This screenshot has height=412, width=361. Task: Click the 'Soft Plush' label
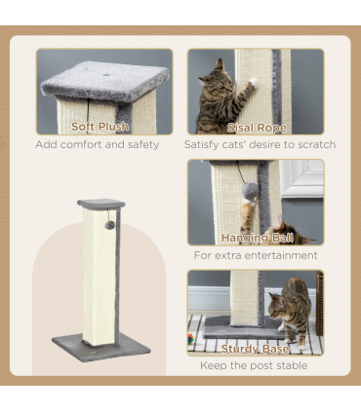[x=100, y=127]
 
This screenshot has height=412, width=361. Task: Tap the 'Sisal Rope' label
[x=256, y=127]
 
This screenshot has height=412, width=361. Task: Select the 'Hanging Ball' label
[x=255, y=237]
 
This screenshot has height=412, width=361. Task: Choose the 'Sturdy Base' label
[x=255, y=347]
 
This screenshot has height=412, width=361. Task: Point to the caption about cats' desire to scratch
[x=260, y=145]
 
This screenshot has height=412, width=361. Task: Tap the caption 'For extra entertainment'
[x=256, y=255]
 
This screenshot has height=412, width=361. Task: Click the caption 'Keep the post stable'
[x=255, y=365]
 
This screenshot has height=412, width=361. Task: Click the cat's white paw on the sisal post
[x=252, y=87]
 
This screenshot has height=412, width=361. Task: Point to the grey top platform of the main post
[x=101, y=204]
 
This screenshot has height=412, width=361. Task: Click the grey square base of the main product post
[x=101, y=347]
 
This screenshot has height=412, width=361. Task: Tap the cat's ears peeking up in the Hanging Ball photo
[x=280, y=225]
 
